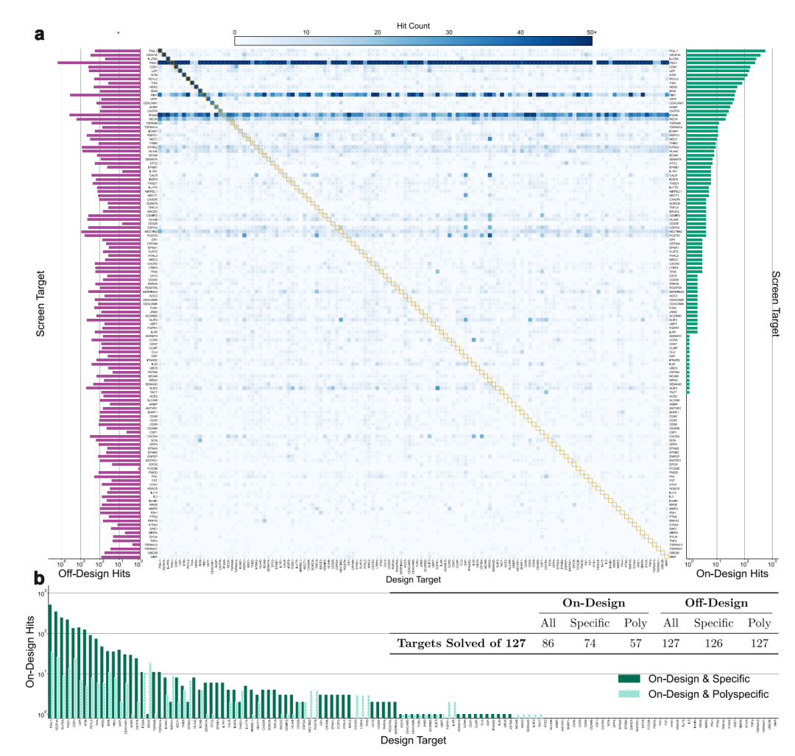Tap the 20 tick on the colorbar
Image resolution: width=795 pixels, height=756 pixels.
(378, 32)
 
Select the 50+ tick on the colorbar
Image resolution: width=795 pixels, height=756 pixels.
(591, 32)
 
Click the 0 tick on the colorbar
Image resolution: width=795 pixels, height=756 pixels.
(235, 32)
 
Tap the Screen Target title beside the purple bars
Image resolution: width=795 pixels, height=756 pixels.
(41, 302)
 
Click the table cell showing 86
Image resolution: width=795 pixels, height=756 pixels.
(548, 643)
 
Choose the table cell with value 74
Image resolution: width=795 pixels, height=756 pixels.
(590, 643)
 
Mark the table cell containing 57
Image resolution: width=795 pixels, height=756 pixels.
(634, 643)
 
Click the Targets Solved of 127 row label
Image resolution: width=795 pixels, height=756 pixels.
(461, 643)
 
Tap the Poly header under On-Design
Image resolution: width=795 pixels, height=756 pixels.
(634, 623)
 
